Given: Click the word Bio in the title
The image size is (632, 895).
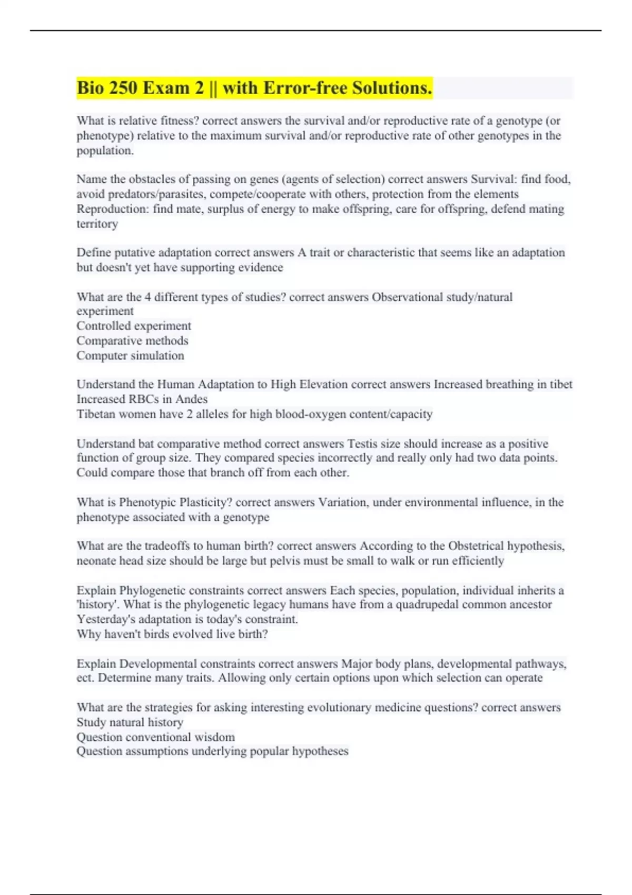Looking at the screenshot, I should tap(90, 88).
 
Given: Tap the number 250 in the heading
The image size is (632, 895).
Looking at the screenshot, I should tap(123, 88).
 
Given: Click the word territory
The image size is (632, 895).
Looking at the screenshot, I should tap(97, 224).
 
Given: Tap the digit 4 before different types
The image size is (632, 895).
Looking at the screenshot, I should tap(148, 297).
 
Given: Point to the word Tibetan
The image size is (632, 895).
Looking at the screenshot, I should tap(96, 414).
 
